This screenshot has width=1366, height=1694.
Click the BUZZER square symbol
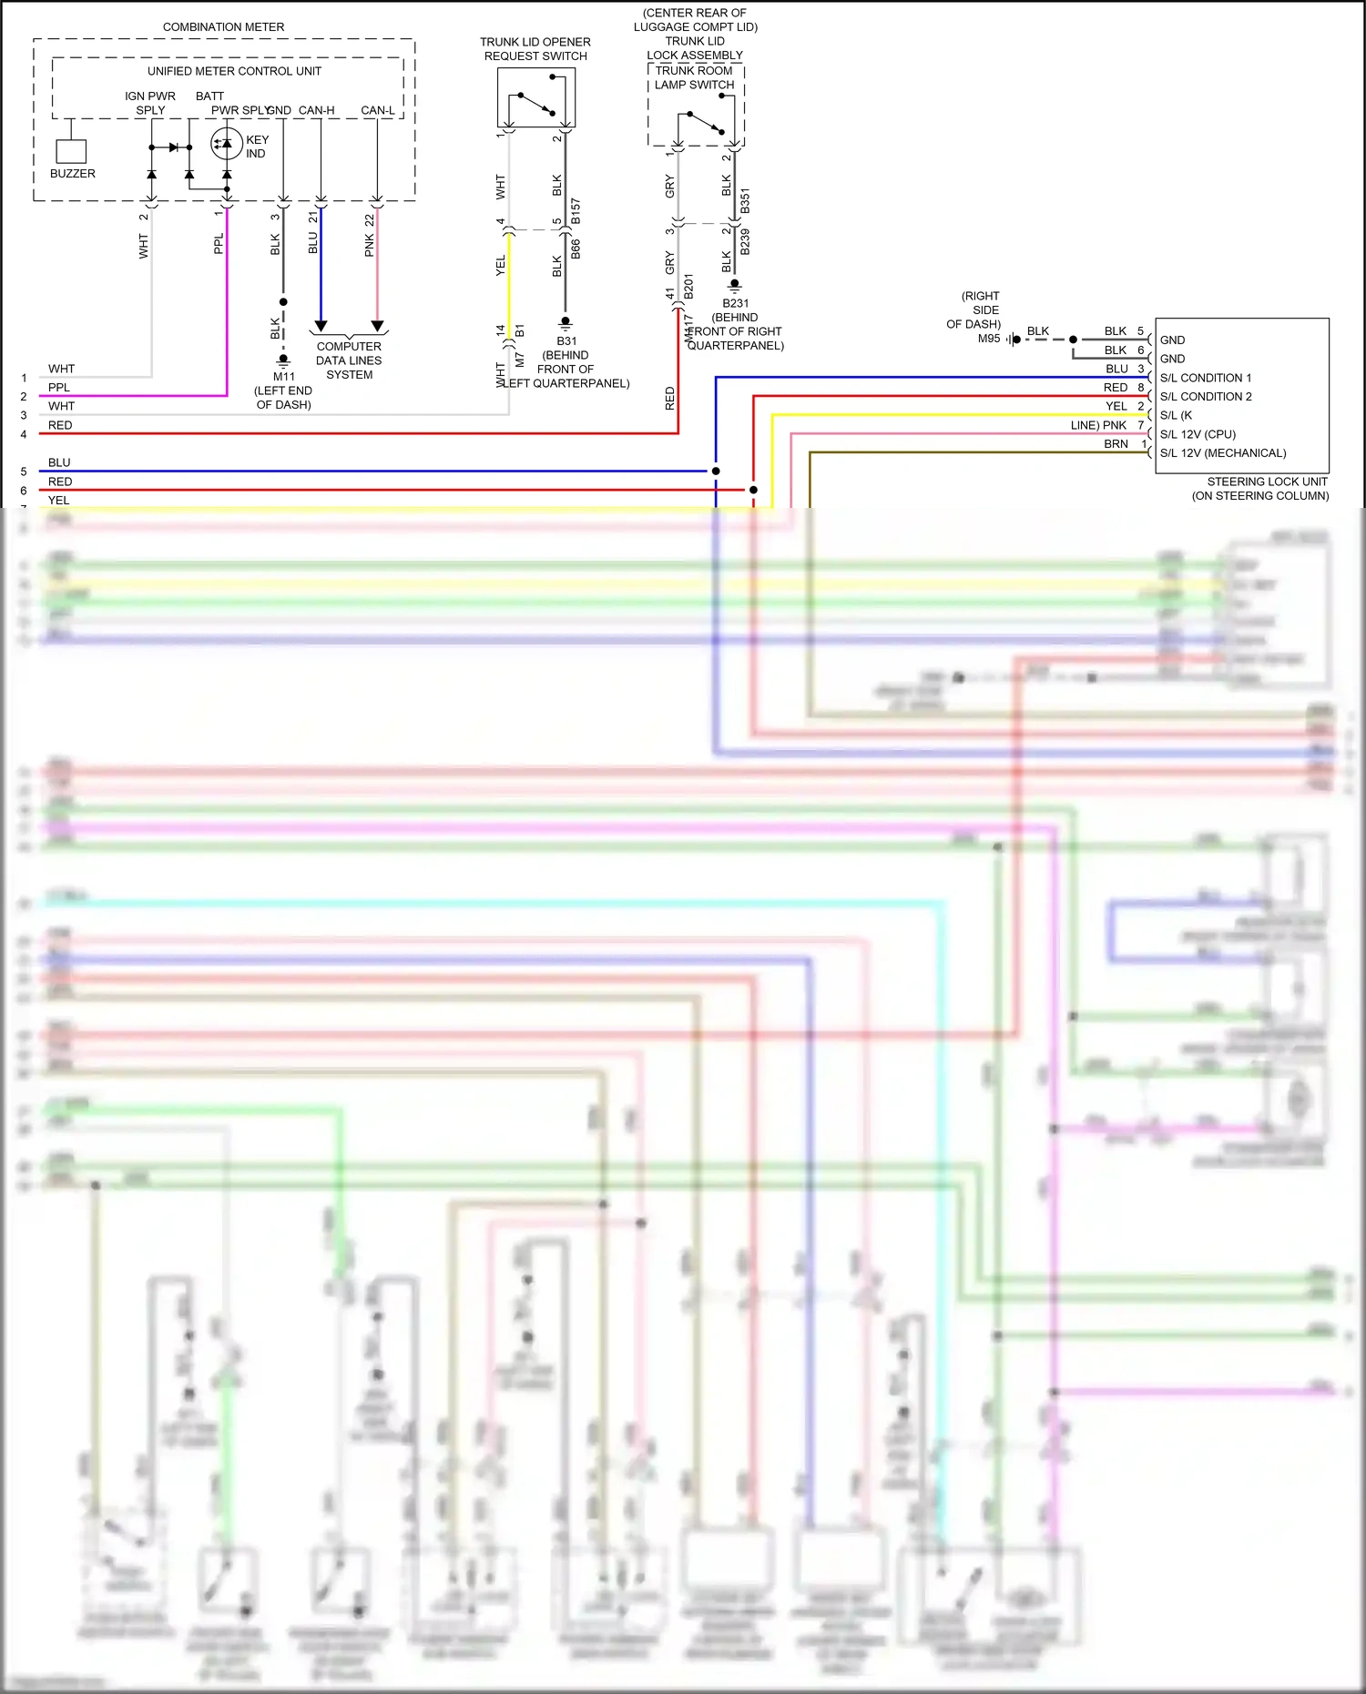pyautogui.click(x=71, y=151)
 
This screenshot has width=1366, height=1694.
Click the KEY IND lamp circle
pyautogui.click(x=226, y=144)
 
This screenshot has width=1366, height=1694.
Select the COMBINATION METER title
pyautogui.click(x=223, y=27)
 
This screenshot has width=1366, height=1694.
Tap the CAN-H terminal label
pyautogui.click(x=316, y=110)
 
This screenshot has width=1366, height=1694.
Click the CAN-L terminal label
pyautogui.click(x=377, y=110)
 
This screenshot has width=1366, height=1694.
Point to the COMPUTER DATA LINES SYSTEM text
pyautogui.click(x=349, y=360)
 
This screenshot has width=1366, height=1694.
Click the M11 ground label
pyautogui.click(x=284, y=376)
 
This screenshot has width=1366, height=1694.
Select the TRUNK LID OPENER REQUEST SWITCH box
pyautogui.click(x=536, y=97)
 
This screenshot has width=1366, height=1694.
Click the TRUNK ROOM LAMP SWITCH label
pyautogui.click(x=694, y=77)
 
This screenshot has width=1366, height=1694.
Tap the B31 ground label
pyautogui.click(x=566, y=341)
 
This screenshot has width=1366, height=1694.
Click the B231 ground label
pyautogui.click(x=735, y=303)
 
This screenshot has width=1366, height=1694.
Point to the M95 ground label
pyautogui.click(x=989, y=339)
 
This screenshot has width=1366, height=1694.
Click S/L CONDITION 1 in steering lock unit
pyautogui.click(x=1206, y=378)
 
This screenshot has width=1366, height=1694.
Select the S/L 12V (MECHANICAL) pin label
pyautogui.click(x=1223, y=452)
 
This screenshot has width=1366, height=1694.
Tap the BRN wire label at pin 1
pyautogui.click(x=1116, y=444)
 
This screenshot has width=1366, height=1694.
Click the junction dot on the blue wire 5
pyautogui.click(x=716, y=471)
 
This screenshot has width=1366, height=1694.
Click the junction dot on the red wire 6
pyautogui.click(x=753, y=490)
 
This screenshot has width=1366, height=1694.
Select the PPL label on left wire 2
pyautogui.click(x=59, y=388)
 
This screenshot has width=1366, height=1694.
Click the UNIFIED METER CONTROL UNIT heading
pyautogui.click(x=234, y=71)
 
